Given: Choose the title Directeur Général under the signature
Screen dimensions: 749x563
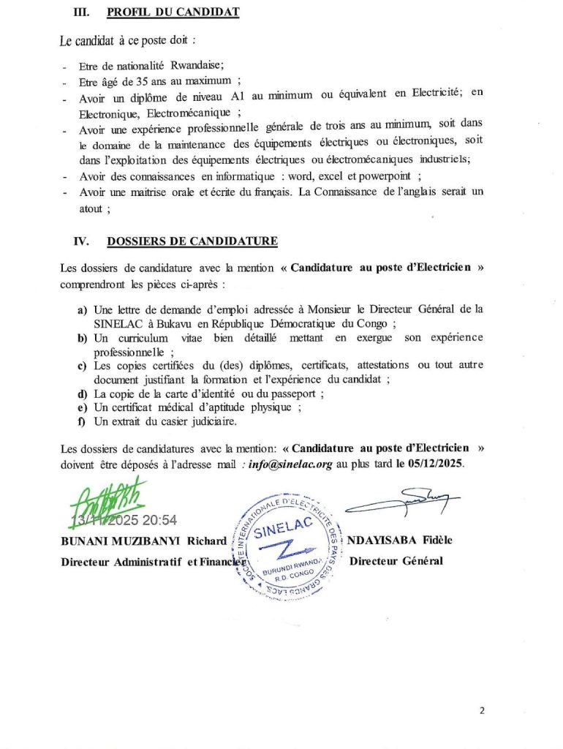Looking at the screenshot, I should (396, 561).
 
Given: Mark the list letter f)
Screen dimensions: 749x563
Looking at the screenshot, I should (83, 421).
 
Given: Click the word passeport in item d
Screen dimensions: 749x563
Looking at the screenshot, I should (296, 394).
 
